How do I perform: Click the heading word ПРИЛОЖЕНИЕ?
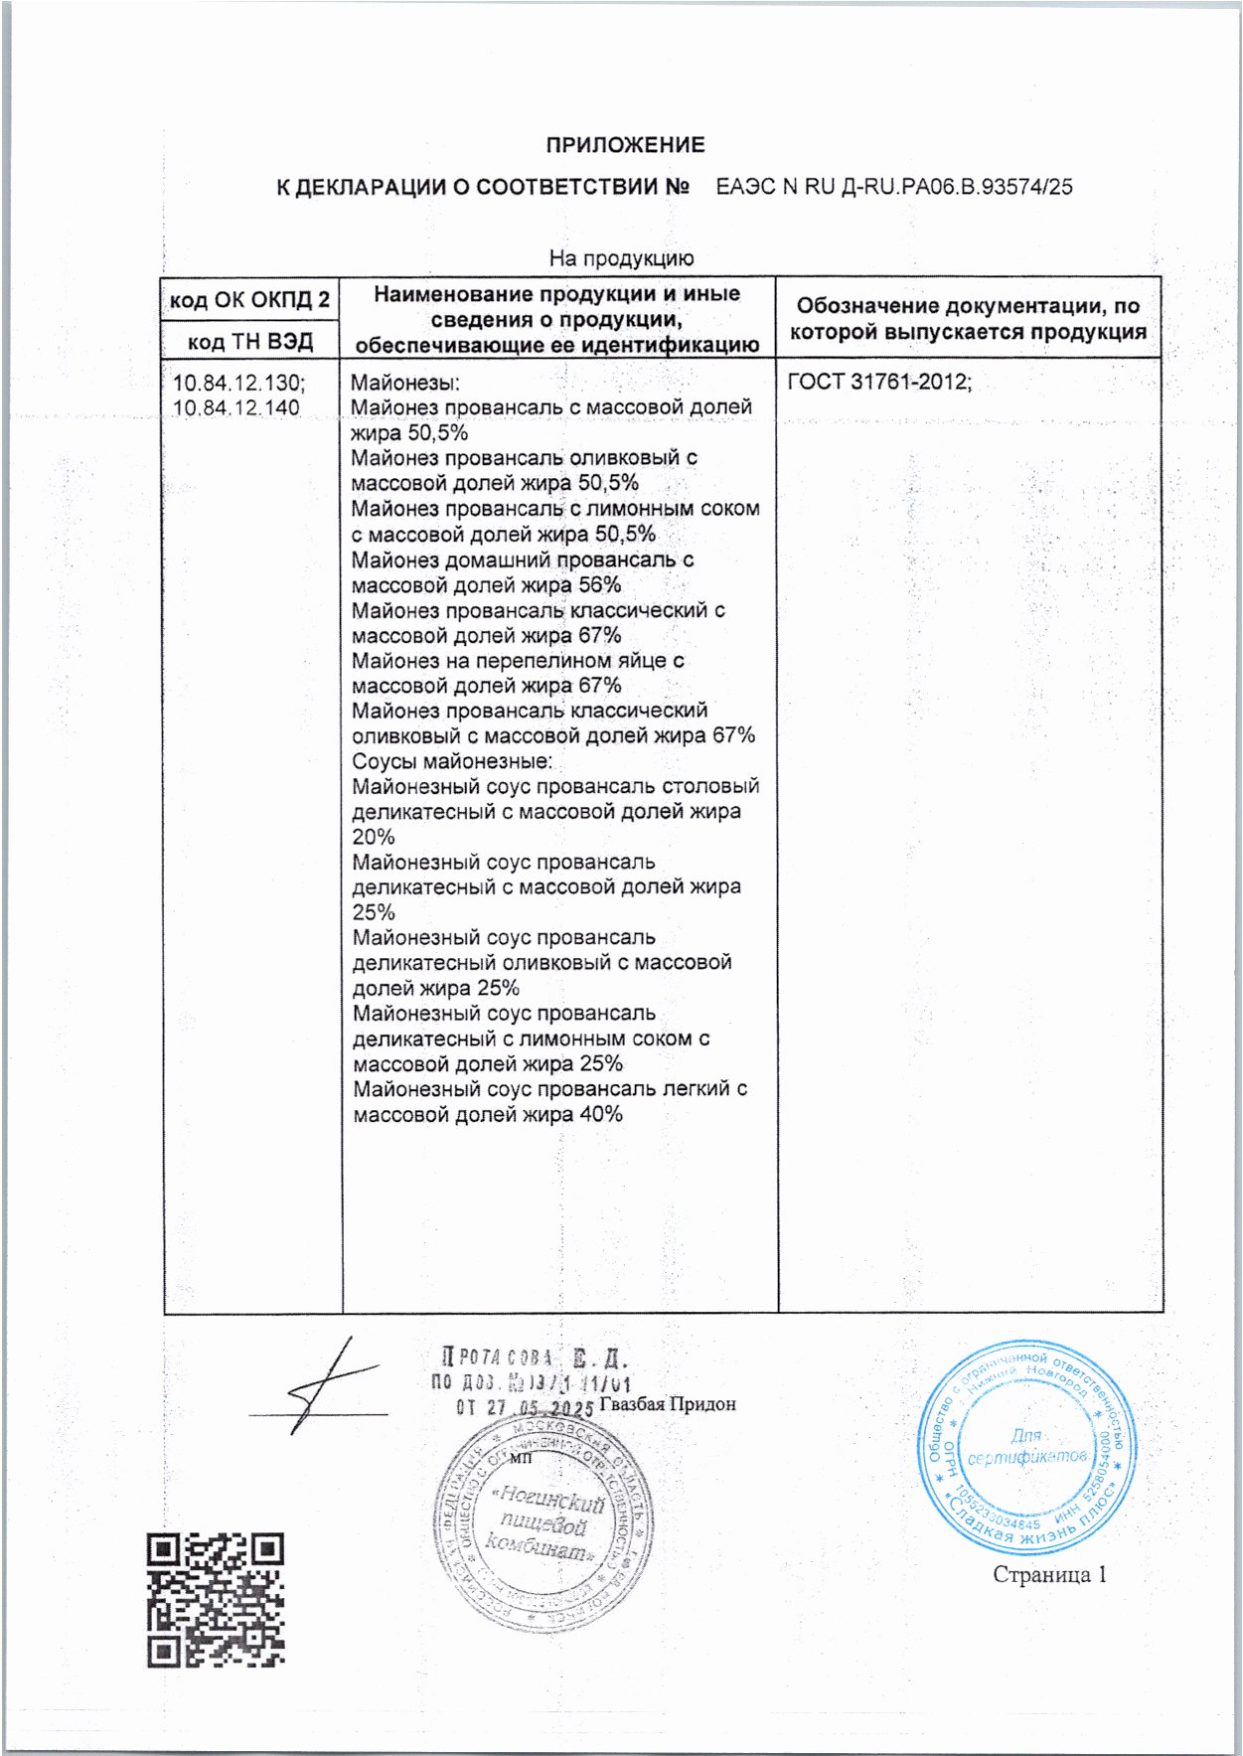(x=625, y=145)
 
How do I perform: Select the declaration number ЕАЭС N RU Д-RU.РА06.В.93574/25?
(x=894, y=187)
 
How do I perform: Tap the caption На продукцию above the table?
(x=622, y=258)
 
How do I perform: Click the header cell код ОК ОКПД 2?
(x=249, y=299)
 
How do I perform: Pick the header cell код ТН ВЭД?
(x=250, y=342)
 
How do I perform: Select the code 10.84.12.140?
(x=236, y=407)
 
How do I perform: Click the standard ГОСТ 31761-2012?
(x=879, y=382)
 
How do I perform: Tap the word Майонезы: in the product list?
(x=405, y=383)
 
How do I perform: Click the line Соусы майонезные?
(x=452, y=761)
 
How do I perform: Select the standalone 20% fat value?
(x=374, y=837)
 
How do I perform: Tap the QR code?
(x=216, y=1600)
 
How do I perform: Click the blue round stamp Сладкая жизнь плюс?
(x=1026, y=1453)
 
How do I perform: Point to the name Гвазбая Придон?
(x=668, y=1404)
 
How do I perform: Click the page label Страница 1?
(x=1049, y=1574)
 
